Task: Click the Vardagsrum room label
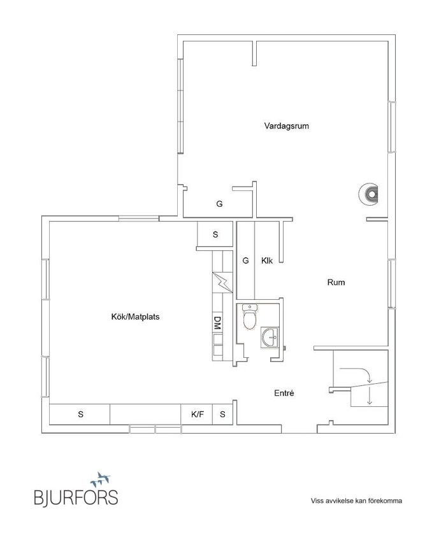pyautogui.click(x=286, y=126)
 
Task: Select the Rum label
pyautogui.click(x=336, y=282)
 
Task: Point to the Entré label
pyautogui.click(x=284, y=393)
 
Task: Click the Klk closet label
pyautogui.click(x=267, y=260)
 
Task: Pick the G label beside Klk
pyautogui.click(x=245, y=260)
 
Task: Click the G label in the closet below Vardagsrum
pyautogui.click(x=219, y=204)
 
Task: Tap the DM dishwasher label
pyautogui.click(x=217, y=323)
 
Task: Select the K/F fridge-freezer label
pyautogui.click(x=198, y=414)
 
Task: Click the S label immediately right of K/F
pyautogui.click(x=222, y=414)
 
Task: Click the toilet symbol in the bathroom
pyautogui.click(x=250, y=318)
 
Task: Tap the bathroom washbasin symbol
pyautogui.click(x=269, y=337)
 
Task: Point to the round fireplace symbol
pyautogui.click(x=369, y=194)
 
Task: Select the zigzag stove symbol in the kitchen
pyautogui.click(x=221, y=281)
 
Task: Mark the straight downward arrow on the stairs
pyautogui.click(x=369, y=396)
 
